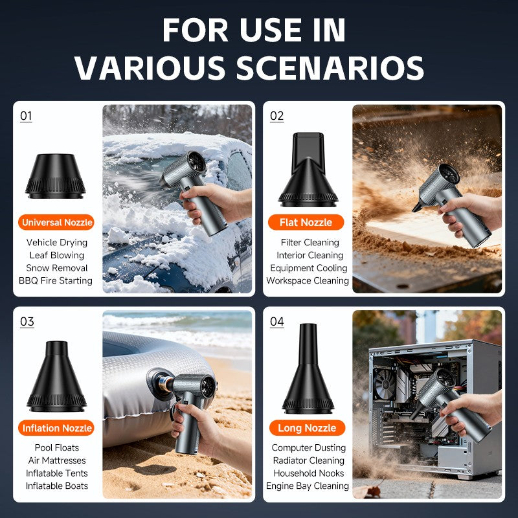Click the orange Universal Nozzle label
[56, 222]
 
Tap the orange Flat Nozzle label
[306, 222]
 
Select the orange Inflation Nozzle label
[56, 428]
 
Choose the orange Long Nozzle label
[307, 428]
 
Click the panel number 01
[26, 116]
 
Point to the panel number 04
[277, 322]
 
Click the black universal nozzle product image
[56, 176]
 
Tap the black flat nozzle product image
[308, 170]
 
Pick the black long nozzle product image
[308, 368]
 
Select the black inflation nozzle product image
[56, 376]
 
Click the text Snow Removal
[57, 268]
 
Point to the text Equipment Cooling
[309, 268]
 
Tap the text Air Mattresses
[57, 460]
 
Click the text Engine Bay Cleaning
[307, 486]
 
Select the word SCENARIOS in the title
[330, 68]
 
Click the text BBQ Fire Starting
[56, 280]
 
